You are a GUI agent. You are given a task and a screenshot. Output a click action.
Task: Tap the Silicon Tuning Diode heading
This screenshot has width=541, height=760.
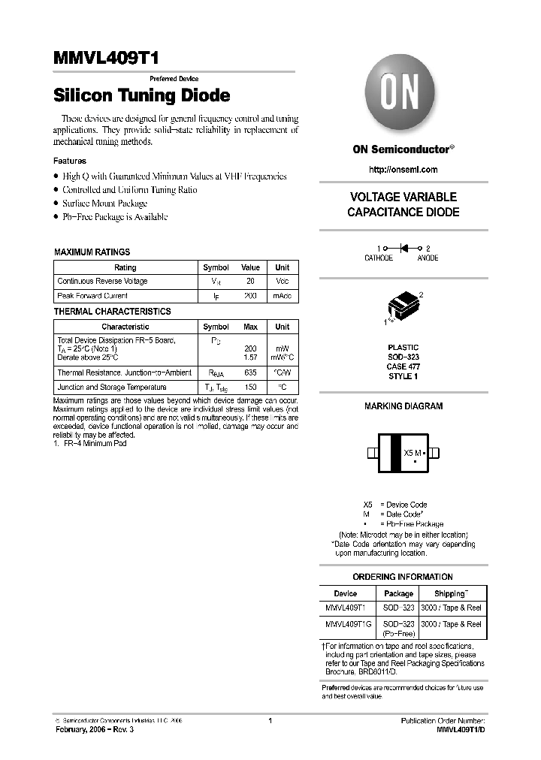141,96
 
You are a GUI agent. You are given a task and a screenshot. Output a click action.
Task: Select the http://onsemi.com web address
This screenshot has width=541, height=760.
403,170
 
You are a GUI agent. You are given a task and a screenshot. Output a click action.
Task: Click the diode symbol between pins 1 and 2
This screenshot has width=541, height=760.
403,247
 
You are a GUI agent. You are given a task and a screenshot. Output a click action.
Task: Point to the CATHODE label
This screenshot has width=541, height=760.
379,258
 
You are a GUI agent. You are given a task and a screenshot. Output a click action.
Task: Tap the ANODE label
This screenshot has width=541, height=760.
428,258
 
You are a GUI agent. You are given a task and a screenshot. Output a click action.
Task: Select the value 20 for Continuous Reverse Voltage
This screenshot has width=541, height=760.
250,281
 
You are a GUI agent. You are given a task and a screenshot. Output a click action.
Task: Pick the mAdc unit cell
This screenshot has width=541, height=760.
282,296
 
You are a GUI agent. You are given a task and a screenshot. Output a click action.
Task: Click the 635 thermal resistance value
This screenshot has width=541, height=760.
250,372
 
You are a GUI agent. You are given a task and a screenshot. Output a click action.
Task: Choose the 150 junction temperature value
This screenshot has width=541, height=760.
250,387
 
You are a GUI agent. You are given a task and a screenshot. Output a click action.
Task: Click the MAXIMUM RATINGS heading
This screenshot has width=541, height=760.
92,252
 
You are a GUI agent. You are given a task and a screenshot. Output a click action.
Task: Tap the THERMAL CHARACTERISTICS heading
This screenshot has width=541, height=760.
113,311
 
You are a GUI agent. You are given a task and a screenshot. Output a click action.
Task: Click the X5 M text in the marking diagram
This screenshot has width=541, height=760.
414,453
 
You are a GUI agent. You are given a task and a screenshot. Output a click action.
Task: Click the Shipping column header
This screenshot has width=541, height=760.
450,593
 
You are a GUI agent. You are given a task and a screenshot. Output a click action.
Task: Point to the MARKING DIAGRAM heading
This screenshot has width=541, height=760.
403,406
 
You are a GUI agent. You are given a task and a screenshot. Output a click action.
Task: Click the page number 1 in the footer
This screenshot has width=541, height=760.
269,721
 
